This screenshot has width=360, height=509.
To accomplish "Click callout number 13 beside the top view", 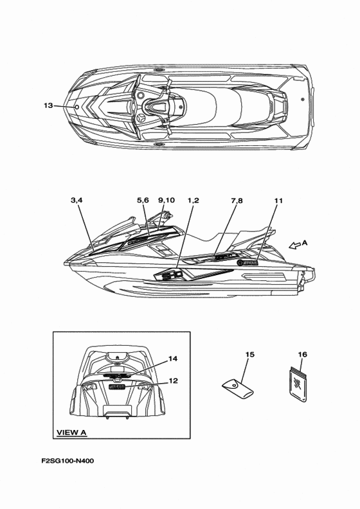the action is tap(48, 105).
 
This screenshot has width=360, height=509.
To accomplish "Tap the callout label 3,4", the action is tap(76, 201).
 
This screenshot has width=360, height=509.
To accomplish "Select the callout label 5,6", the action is tap(143, 201).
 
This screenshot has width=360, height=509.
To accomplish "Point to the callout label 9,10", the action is tap(166, 201).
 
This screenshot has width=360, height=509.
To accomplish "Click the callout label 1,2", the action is tap(193, 201).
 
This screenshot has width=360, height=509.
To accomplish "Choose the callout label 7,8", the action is tap(237, 201).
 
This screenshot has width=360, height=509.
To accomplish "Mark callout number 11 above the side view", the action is tap(278, 201).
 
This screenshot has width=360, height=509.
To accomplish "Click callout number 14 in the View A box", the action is tap(173, 359).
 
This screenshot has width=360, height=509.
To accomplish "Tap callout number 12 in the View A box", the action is tap(174, 380).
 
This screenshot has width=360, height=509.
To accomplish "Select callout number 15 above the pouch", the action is tap(249, 354).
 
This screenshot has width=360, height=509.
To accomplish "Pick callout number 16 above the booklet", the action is tap(302, 354).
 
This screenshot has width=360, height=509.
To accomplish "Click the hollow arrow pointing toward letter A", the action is tap(294, 246).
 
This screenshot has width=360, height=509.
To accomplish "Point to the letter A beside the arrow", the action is tap(305, 242).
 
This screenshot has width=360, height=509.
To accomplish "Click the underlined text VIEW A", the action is tap(72, 433).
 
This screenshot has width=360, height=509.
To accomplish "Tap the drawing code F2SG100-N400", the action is tap(68, 461).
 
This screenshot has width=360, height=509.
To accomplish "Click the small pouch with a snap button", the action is tap(238, 389).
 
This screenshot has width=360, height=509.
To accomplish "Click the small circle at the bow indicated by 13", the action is tap(77, 107).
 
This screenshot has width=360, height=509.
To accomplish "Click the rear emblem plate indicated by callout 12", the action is tap(117, 387).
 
